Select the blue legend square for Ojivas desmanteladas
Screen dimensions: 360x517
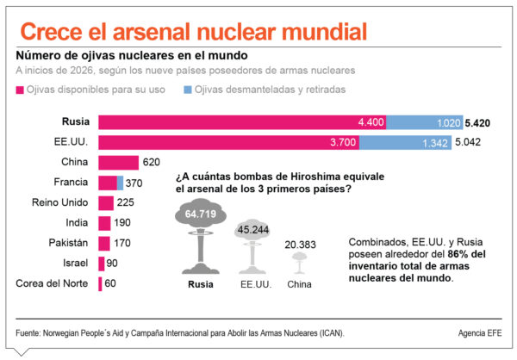click(187, 90)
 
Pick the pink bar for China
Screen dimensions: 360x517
click(118, 162)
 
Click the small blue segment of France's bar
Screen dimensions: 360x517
click(120, 183)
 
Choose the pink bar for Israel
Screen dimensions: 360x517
click(102, 264)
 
